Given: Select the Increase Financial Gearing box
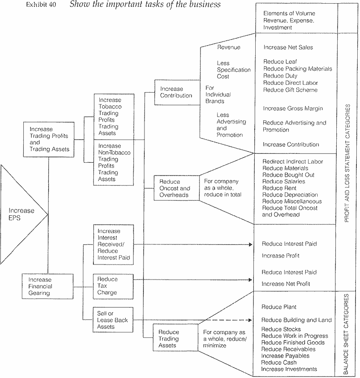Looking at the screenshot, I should pyautogui.click(x=46, y=286).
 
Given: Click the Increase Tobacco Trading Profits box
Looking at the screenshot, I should pyautogui.click(x=114, y=116).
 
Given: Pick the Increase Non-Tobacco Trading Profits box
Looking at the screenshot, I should pyautogui.click(x=114, y=162).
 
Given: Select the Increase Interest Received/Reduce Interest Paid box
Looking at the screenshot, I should pyautogui.click(x=113, y=244).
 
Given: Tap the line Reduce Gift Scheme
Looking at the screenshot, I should pyautogui.click(x=290, y=90).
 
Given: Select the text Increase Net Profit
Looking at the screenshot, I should pyautogui.click(x=286, y=284).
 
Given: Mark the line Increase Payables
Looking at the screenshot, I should pyautogui.click(x=285, y=356).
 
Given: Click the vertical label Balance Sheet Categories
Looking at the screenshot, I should pyautogui.click(x=346, y=334).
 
